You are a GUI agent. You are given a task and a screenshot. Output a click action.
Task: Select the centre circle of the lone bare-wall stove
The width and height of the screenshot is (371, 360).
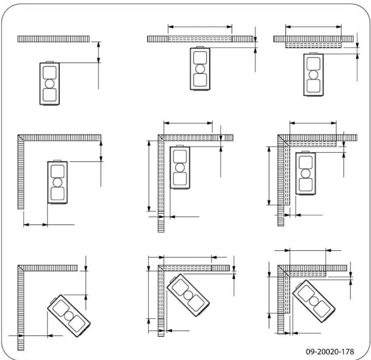(x=50, y=83)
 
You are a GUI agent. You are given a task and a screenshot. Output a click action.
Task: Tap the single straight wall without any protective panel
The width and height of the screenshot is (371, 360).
(x=53, y=39)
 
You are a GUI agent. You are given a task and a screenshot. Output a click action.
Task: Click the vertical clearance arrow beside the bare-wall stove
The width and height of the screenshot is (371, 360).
(x=98, y=52)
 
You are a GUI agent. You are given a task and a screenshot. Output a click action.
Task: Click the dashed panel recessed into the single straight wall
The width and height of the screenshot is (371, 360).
(x=200, y=39)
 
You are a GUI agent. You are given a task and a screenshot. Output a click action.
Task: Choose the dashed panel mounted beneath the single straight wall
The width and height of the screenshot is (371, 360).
(x=313, y=45)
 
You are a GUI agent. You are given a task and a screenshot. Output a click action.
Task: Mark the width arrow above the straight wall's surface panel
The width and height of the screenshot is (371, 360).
(x=313, y=26)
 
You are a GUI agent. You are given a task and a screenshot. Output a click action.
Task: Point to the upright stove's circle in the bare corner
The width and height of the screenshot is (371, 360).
(x=58, y=182)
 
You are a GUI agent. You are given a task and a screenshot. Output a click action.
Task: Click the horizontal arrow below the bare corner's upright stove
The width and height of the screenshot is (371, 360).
(x=35, y=225)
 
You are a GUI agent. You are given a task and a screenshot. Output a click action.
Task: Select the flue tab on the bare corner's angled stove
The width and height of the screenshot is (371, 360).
(x=53, y=300)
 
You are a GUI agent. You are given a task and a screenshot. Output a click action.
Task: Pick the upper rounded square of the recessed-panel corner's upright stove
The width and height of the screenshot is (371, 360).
(x=180, y=156)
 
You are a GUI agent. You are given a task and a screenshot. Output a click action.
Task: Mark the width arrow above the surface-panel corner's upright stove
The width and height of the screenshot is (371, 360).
(x=313, y=123)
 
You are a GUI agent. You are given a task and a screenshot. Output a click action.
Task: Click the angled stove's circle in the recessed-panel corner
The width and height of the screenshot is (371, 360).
(x=188, y=295)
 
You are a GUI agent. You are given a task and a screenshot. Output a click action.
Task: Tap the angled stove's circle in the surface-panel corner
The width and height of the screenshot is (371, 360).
(x=313, y=301)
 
